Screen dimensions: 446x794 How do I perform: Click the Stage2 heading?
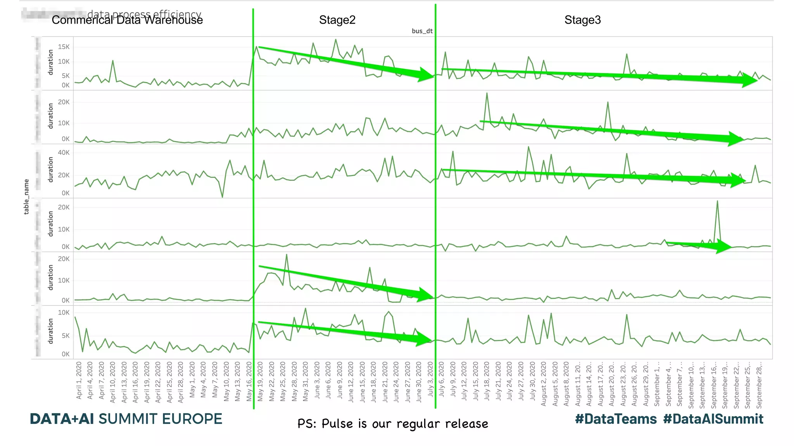pyautogui.click(x=337, y=20)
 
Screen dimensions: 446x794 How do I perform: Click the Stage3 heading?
pyautogui.click(x=582, y=20)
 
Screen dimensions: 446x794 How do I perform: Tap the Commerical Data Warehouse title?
pyautogui.click(x=127, y=20)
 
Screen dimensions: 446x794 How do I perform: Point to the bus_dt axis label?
pyautogui.click(x=422, y=31)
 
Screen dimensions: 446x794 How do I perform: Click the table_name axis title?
pyautogui.click(x=26, y=197)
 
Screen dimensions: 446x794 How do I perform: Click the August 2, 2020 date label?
pyautogui.click(x=544, y=384)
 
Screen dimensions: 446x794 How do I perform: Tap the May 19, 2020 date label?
pyautogui.click(x=260, y=381)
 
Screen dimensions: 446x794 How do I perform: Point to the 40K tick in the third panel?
pyautogui.click(x=64, y=153)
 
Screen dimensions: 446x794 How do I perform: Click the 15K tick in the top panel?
pyautogui.click(x=64, y=47)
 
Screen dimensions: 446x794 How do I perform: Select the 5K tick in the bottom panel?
pyautogui.click(x=66, y=336)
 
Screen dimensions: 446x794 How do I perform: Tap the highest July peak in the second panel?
pyautogui.click(x=487, y=94)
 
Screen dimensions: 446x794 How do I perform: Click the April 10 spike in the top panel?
pyautogui.click(x=113, y=61)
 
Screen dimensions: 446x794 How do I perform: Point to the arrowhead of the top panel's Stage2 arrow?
pyautogui.click(x=426, y=74)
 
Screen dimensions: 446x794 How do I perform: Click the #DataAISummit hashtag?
pyautogui.click(x=713, y=419)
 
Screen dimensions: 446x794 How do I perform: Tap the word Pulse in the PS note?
pyautogui.click(x=338, y=424)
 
